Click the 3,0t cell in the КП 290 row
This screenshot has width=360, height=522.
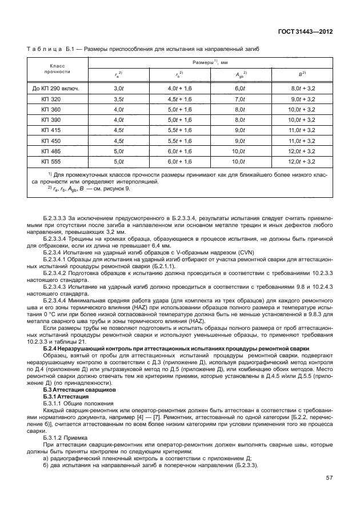[x=119, y=88]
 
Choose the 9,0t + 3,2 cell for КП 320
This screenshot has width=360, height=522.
[x=303, y=99]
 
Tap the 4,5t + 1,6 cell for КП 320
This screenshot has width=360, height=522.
[x=179, y=99]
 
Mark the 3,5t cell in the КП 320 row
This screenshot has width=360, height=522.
[x=119, y=99]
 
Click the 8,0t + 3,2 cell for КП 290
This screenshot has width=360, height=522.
[x=303, y=88]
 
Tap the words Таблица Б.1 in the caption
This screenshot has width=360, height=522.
[x=53, y=49]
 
